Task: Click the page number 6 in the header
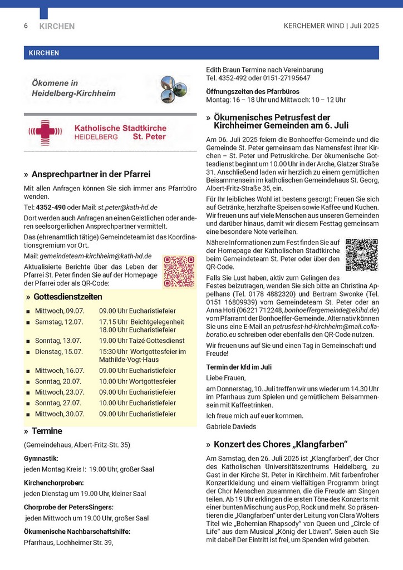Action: [x=26, y=26]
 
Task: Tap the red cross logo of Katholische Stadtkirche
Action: [x=46, y=132]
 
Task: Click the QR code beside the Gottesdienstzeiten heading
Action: [x=179, y=271]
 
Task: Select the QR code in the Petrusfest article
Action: [x=361, y=254]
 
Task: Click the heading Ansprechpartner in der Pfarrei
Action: [x=91, y=174]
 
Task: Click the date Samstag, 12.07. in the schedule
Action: [x=59, y=322]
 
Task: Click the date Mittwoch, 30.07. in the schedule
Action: [x=60, y=414]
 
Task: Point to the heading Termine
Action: [x=47, y=431]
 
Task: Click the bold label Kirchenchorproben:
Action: [x=54, y=482]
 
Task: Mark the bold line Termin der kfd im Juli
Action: [x=239, y=367]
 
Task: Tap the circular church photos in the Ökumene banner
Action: [x=174, y=89]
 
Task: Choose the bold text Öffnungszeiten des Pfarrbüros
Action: [x=252, y=91]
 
